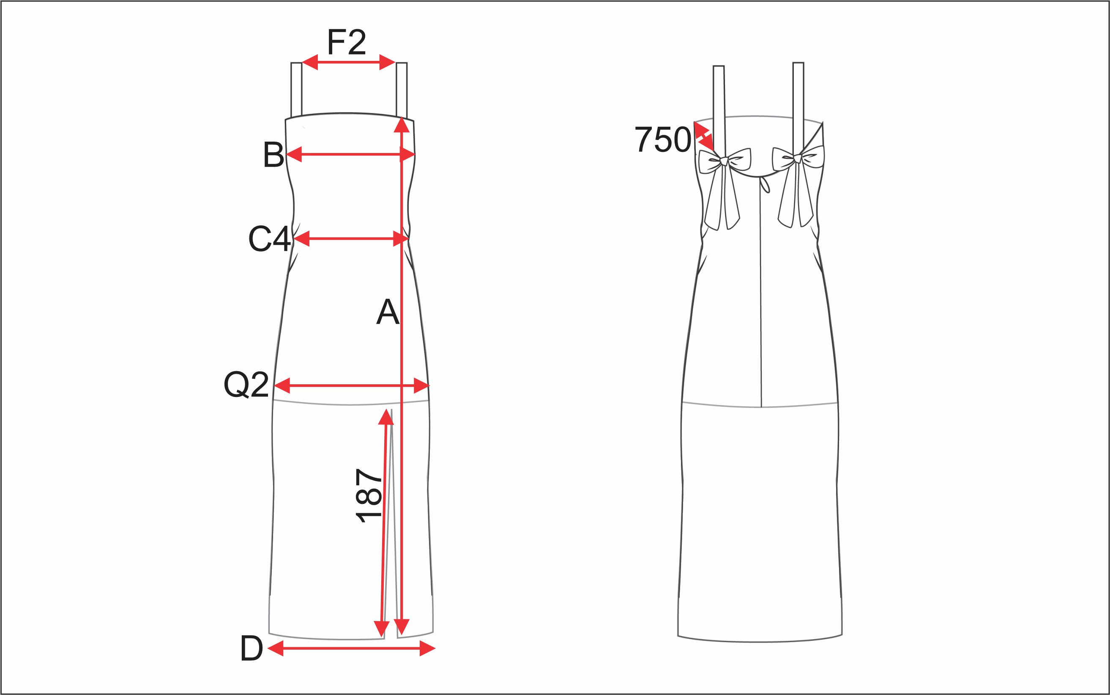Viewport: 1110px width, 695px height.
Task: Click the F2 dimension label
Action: pos(347,42)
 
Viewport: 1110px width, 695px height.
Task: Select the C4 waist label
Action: pos(269,239)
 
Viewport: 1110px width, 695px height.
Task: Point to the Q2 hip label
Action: pos(246,385)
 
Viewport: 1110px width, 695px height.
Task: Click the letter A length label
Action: pos(388,312)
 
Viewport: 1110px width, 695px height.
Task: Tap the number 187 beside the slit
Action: pos(369,496)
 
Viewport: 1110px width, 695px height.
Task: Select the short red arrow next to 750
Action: pos(704,136)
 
